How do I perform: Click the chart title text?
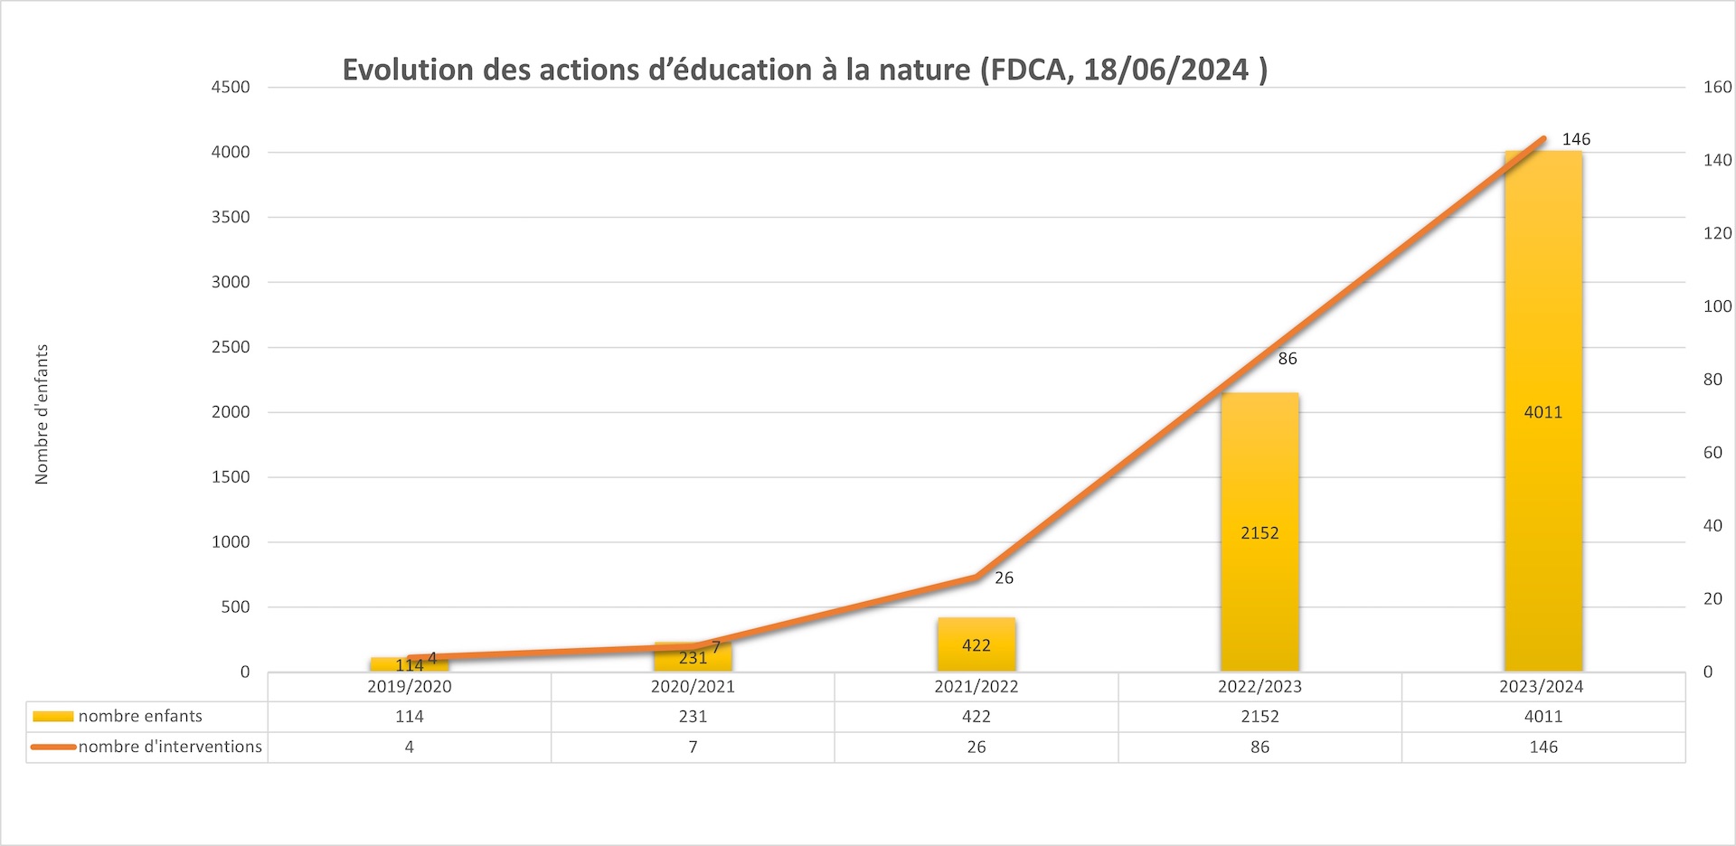click(x=805, y=70)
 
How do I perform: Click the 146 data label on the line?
click(x=1576, y=139)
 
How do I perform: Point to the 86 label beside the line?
click(x=1288, y=359)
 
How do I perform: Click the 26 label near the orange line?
click(x=1004, y=578)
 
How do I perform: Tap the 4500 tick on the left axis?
click(x=231, y=87)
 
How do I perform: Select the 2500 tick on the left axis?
click(x=231, y=347)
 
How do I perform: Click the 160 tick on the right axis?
click(x=1717, y=87)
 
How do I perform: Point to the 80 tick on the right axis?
click(x=1712, y=380)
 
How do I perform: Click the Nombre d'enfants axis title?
click(x=42, y=414)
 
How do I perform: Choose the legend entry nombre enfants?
click(x=140, y=716)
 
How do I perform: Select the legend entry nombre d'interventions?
click(x=170, y=747)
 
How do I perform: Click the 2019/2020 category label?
click(x=410, y=686)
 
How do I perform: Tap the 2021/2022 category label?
click(x=976, y=686)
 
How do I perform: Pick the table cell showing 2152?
click(x=1260, y=717)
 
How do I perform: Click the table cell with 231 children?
click(x=693, y=717)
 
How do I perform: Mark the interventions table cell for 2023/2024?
click(x=1543, y=747)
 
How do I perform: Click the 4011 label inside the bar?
click(x=1543, y=412)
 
